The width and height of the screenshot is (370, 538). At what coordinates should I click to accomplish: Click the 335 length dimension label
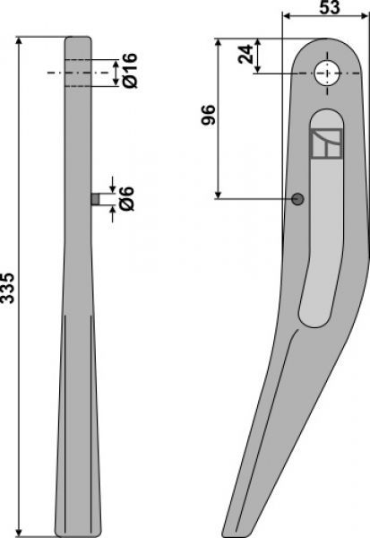[x=7, y=288]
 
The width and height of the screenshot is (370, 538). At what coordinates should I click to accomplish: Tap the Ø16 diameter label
[x=130, y=71]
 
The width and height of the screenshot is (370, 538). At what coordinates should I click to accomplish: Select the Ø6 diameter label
[x=126, y=199]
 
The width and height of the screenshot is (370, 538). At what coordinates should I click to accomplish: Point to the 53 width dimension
[x=330, y=7]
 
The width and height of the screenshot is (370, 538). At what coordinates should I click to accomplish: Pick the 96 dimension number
[x=208, y=115]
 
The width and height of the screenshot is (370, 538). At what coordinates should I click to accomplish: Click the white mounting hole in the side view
[x=327, y=74]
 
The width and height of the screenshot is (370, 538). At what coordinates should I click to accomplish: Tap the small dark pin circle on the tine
[x=297, y=199]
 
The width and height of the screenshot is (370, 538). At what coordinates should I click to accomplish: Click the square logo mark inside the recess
[x=326, y=143]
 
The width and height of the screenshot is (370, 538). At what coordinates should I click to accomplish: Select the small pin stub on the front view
[x=96, y=199]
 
